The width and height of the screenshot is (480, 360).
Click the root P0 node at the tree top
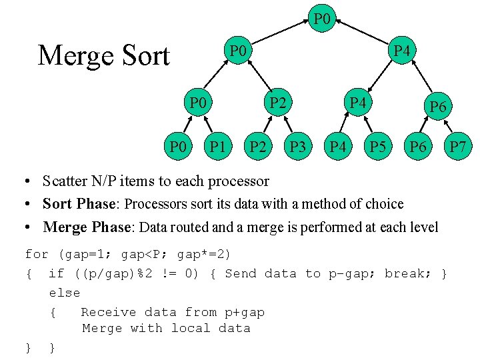tap(321, 19)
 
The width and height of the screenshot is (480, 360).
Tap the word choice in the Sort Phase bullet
tap(380, 203)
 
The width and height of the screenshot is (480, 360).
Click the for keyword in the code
tap(37, 254)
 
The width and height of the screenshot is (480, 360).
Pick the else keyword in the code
tap(64, 293)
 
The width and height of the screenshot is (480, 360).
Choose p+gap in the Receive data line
tap(245, 312)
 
